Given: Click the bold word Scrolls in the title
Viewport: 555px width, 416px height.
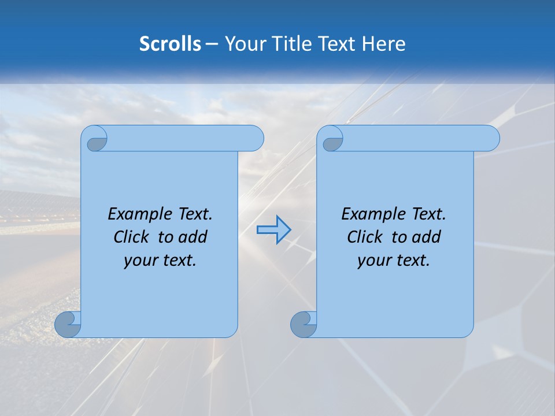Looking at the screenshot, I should [x=170, y=44].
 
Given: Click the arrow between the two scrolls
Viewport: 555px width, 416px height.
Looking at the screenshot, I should [x=273, y=229].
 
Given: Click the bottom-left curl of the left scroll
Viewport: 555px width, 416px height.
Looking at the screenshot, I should [x=68, y=324].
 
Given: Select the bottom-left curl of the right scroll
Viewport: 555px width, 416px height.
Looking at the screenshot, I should [x=303, y=324].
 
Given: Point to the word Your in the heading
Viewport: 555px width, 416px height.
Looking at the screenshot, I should [x=244, y=44].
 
